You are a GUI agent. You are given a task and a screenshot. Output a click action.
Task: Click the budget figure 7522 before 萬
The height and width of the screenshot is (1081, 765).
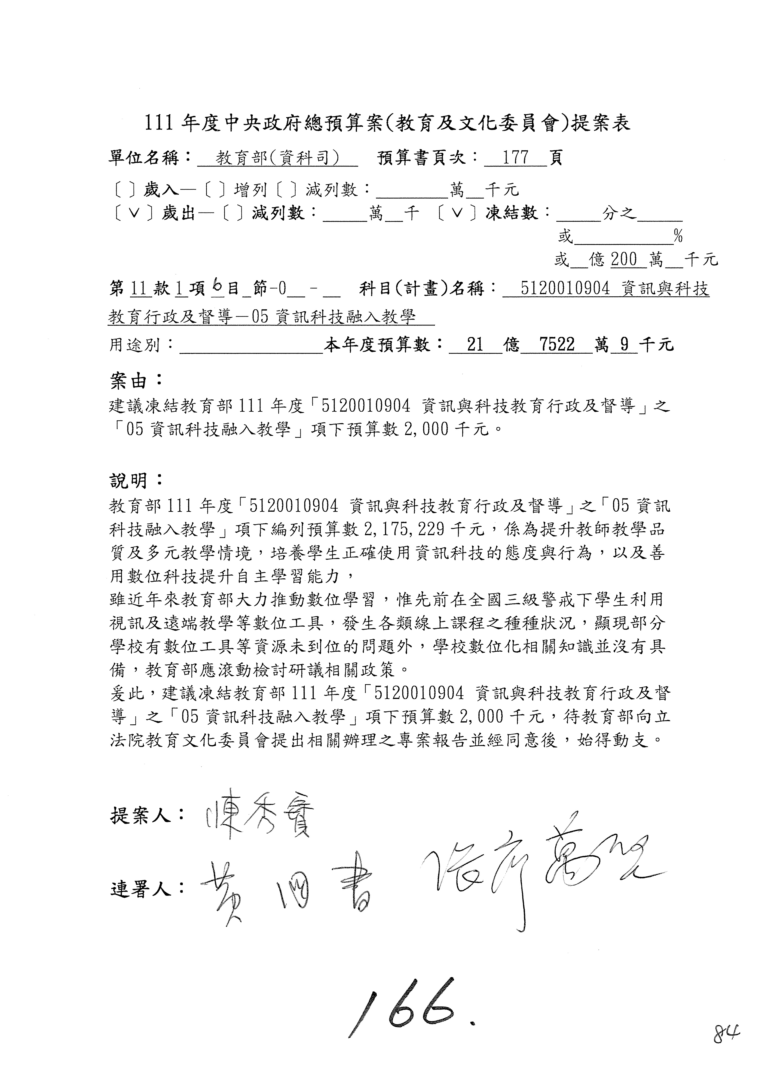pyautogui.click(x=557, y=345)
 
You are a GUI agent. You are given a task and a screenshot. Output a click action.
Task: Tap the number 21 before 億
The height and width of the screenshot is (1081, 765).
pyautogui.click(x=475, y=345)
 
